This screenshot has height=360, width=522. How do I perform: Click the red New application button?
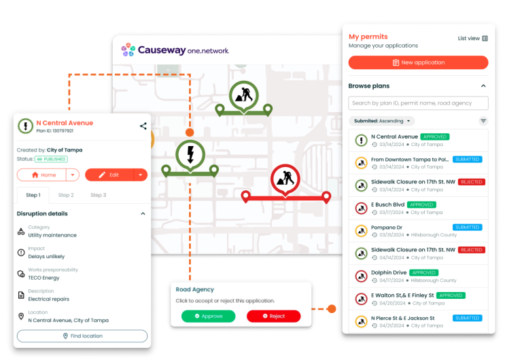[x=418, y=62]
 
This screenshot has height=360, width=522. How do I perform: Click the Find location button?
[x=82, y=336]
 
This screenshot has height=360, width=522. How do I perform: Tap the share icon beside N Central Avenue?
[x=143, y=126]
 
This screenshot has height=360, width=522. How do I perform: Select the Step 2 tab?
[x=66, y=195]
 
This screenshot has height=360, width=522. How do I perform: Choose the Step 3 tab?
[x=98, y=195]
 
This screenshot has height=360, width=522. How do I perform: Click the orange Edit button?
[x=109, y=175]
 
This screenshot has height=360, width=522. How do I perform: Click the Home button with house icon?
[x=42, y=175]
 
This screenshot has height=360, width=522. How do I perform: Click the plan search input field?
[x=418, y=103]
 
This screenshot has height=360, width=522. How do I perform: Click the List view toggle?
[x=473, y=39]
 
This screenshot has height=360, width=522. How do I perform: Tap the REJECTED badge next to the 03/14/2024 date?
[x=471, y=182]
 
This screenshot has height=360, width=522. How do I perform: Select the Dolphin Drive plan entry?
[x=390, y=272]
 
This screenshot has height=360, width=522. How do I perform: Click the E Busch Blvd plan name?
[x=387, y=204]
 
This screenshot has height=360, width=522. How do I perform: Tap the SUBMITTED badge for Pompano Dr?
[x=467, y=228]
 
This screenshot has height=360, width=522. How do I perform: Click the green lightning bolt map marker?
[x=190, y=154]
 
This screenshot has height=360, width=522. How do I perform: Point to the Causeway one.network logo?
[x=175, y=50]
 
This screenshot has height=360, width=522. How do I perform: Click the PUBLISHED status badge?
[x=52, y=159]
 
